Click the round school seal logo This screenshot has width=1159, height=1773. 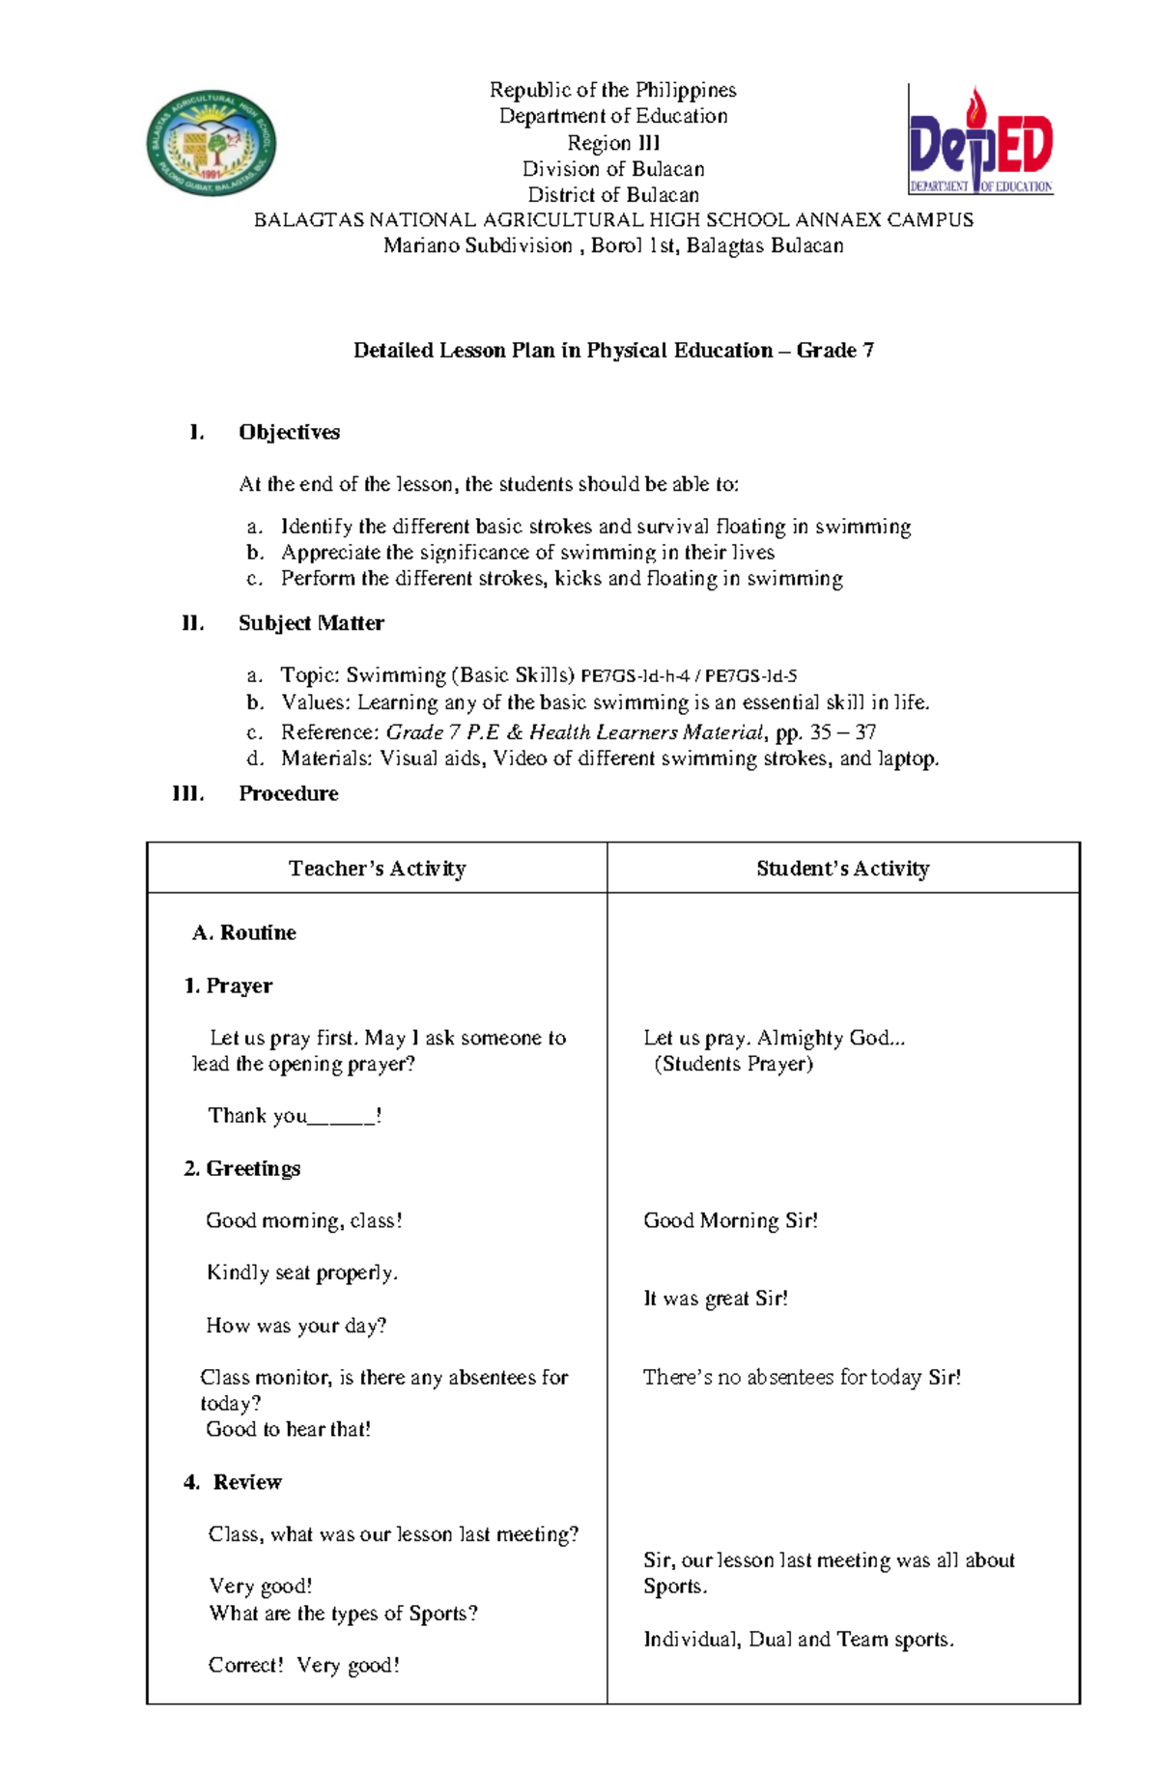(x=212, y=143)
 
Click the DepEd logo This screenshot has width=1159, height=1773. (x=980, y=142)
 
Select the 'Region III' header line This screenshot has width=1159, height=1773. (x=613, y=143)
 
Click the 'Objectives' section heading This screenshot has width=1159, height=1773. (x=289, y=432)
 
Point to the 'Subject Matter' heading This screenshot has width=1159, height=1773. (x=311, y=623)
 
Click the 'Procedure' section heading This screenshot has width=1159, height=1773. (x=288, y=793)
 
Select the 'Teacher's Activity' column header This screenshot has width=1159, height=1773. (x=377, y=869)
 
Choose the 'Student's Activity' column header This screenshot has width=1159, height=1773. (x=842, y=869)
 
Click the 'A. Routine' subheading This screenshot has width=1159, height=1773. (x=244, y=932)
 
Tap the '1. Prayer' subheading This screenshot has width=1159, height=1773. (x=228, y=986)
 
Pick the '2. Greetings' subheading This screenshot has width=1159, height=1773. (x=241, y=1168)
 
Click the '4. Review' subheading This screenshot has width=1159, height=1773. (x=233, y=1482)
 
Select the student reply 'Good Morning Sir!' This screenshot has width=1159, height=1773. (x=730, y=1220)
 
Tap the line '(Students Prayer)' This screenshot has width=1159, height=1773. (x=733, y=1064)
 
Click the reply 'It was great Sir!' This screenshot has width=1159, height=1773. (x=716, y=1299)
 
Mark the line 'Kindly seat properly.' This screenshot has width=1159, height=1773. (x=301, y=1273)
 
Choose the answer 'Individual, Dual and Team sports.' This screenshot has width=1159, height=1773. (x=799, y=1639)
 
